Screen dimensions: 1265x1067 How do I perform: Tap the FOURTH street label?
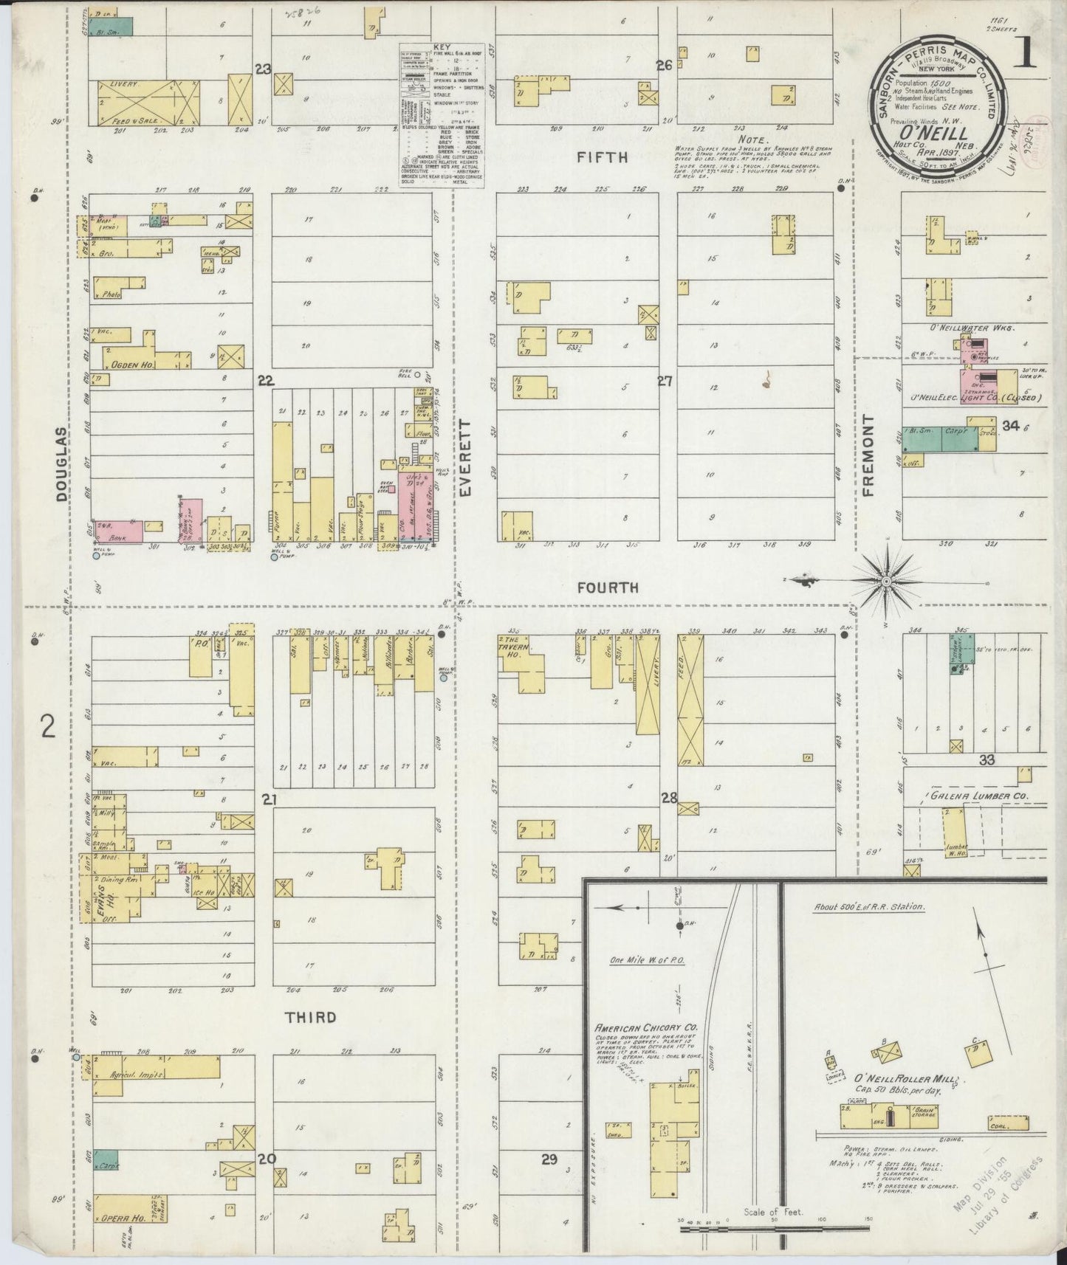608,587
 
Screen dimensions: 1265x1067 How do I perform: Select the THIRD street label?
311,1017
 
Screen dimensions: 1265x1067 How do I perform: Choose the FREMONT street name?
868,455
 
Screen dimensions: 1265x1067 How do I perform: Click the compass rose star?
885,582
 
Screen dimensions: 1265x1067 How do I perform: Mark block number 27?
666,381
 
